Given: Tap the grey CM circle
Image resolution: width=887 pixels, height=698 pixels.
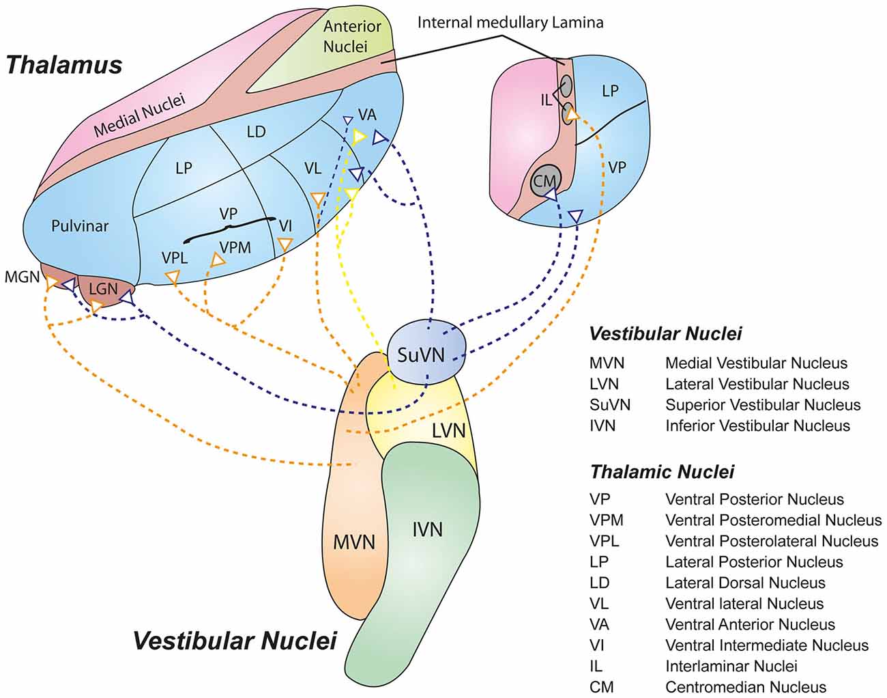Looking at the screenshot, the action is [545, 180].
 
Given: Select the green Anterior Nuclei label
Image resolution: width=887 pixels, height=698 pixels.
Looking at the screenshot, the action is [351, 36].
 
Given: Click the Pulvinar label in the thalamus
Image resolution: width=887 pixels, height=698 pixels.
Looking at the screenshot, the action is [80, 225].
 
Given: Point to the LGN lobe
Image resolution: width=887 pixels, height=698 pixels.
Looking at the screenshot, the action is [104, 290].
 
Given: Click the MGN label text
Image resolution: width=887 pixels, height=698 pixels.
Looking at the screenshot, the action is [22, 277].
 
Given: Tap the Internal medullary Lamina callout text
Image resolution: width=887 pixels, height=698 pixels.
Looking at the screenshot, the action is [510, 23].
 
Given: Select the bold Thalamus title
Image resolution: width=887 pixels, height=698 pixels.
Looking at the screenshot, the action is [64, 65].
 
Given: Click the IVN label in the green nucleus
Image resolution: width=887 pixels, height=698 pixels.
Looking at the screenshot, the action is [427, 529].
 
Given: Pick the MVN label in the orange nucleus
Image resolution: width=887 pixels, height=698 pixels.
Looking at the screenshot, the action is [354, 542].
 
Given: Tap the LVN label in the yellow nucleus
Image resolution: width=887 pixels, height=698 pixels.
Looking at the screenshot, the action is [448, 431].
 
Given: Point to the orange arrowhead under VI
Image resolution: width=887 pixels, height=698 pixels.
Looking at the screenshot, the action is [285, 245].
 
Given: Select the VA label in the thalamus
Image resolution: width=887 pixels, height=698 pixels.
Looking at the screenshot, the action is [367, 115].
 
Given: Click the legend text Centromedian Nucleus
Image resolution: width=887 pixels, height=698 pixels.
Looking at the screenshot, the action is [746, 687].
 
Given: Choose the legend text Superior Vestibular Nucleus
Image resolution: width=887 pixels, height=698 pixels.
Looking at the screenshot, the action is [763, 405].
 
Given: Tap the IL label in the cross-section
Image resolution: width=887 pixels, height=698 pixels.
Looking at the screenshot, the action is [546, 100].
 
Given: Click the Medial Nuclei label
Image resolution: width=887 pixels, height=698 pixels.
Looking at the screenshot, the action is [139, 116].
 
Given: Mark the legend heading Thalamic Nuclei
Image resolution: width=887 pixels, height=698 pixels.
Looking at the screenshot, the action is [663, 471].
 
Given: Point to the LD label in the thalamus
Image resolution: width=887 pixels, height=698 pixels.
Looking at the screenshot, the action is [256, 132].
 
